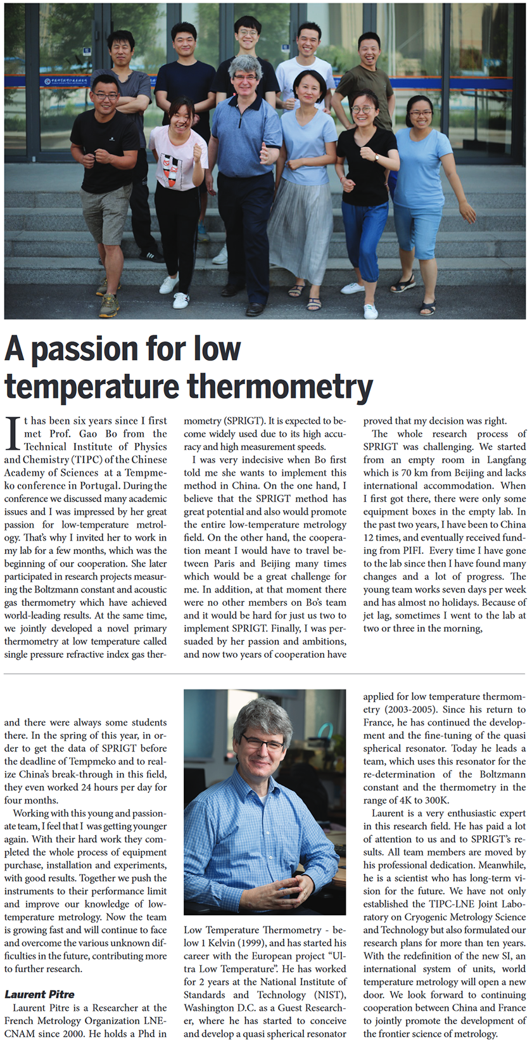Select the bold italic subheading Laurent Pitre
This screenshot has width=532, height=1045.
[39, 994]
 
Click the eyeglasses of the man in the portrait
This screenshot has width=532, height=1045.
[263, 743]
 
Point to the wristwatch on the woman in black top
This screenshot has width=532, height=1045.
[376, 158]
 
